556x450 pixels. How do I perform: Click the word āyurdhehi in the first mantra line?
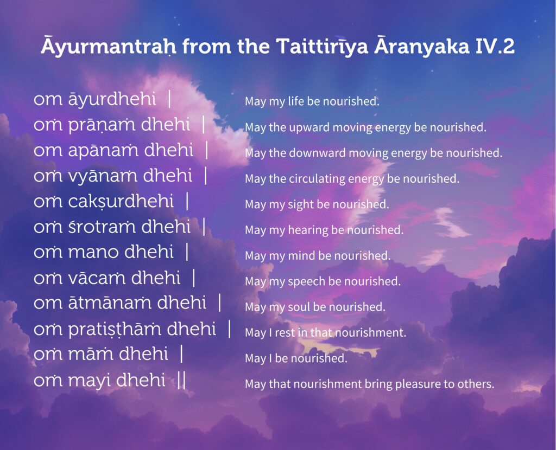(112, 99)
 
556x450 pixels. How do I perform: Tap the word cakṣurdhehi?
(121, 201)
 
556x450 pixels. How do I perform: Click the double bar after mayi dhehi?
(181, 381)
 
